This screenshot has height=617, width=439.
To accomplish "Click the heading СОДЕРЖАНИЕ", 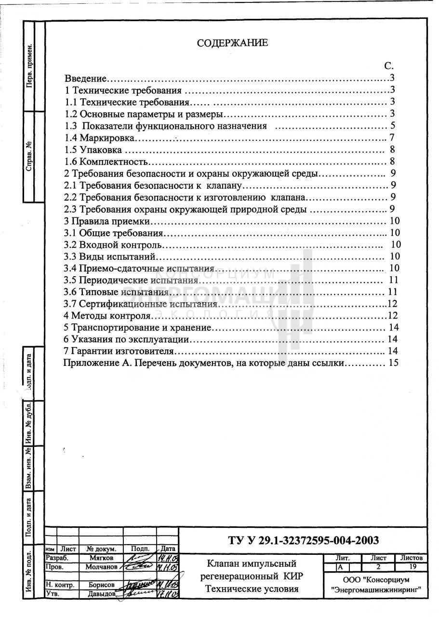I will tap(232, 43).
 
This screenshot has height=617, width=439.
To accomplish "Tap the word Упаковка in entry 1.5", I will tap(101, 150).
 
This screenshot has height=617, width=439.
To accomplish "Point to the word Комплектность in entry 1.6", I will tap(113, 161).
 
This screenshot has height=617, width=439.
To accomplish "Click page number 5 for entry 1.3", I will tap(393, 126).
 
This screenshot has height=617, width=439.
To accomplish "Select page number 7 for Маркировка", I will tap(392, 138).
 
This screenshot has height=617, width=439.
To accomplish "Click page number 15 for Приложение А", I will tap(393, 362).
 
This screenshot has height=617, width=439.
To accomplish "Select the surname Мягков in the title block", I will tap(101, 558).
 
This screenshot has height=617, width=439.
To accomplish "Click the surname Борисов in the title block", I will tap(101, 585).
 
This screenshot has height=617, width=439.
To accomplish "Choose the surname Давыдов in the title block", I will tap(101, 594).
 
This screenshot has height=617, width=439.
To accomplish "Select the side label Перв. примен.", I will tap(30, 68).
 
